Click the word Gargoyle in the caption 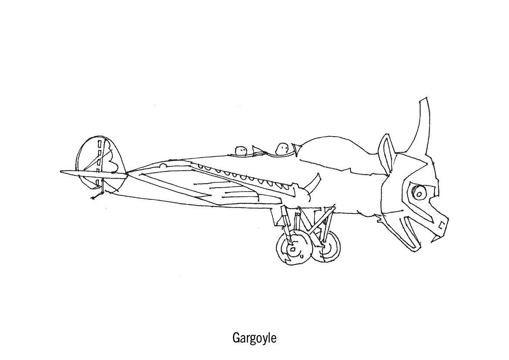pyautogui.click(x=254, y=338)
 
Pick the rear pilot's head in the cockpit pyautogui.click(x=241, y=151)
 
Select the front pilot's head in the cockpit pyautogui.click(x=283, y=148)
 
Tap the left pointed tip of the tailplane pyautogui.click(x=62, y=172)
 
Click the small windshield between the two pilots pyautogui.click(x=257, y=150)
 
